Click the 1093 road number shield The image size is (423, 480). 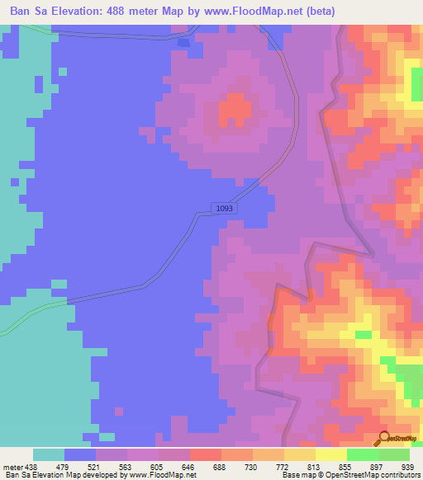[x=225, y=209]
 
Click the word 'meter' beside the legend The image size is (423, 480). [x=12, y=465]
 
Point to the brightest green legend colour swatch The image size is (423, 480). [x=362, y=454]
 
